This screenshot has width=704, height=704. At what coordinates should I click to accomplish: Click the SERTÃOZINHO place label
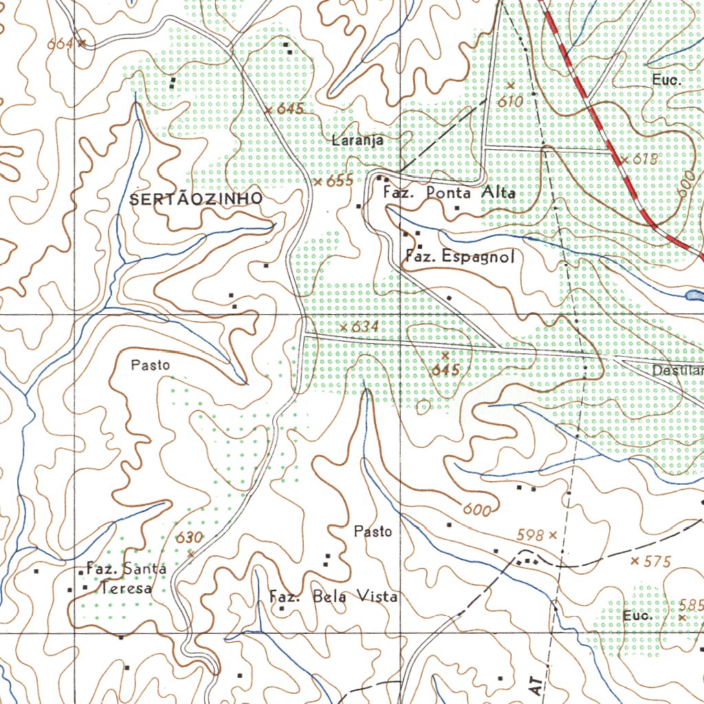click(x=196, y=199)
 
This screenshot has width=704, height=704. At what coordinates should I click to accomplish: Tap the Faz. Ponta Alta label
click(x=449, y=193)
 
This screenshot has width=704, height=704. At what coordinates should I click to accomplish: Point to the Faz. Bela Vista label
click(x=333, y=596)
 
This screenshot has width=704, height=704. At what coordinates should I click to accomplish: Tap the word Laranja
click(x=357, y=140)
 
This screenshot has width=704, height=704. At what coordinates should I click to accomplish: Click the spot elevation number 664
click(x=60, y=44)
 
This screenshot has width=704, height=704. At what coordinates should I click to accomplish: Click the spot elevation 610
click(x=511, y=101)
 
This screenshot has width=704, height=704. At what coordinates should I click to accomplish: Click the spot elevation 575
click(x=657, y=562)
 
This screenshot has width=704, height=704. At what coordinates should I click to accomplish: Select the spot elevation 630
click(x=190, y=538)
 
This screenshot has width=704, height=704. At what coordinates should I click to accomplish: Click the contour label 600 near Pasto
click(x=476, y=510)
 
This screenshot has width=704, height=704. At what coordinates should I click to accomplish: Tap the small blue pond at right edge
click(x=694, y=295)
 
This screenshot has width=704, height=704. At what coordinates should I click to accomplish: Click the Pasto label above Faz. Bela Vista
click(x=373, y=531)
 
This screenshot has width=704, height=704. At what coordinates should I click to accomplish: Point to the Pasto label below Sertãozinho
click(x=151, y=365)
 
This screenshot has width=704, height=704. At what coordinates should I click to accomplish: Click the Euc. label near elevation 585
click(x=638, y=616)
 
